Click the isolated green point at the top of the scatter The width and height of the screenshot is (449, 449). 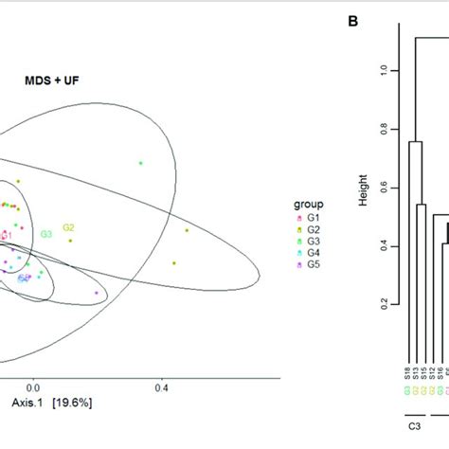140,164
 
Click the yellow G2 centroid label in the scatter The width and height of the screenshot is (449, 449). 68,227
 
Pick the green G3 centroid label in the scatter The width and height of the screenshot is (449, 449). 45,234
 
